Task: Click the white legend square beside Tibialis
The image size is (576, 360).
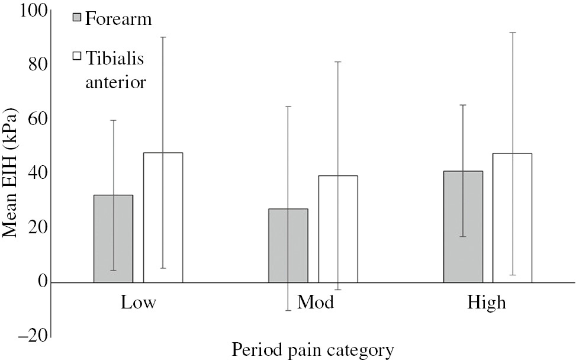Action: click(76, 56)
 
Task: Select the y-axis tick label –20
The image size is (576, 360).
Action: click(33, 336)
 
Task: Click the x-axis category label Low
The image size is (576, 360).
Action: click(138, 303)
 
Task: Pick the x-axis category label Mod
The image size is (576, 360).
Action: click(315, 303)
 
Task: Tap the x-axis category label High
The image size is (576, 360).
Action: click(487, 303)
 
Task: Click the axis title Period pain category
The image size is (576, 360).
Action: click(312, 350)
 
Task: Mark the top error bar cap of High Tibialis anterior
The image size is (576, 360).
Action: click(512, 33)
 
